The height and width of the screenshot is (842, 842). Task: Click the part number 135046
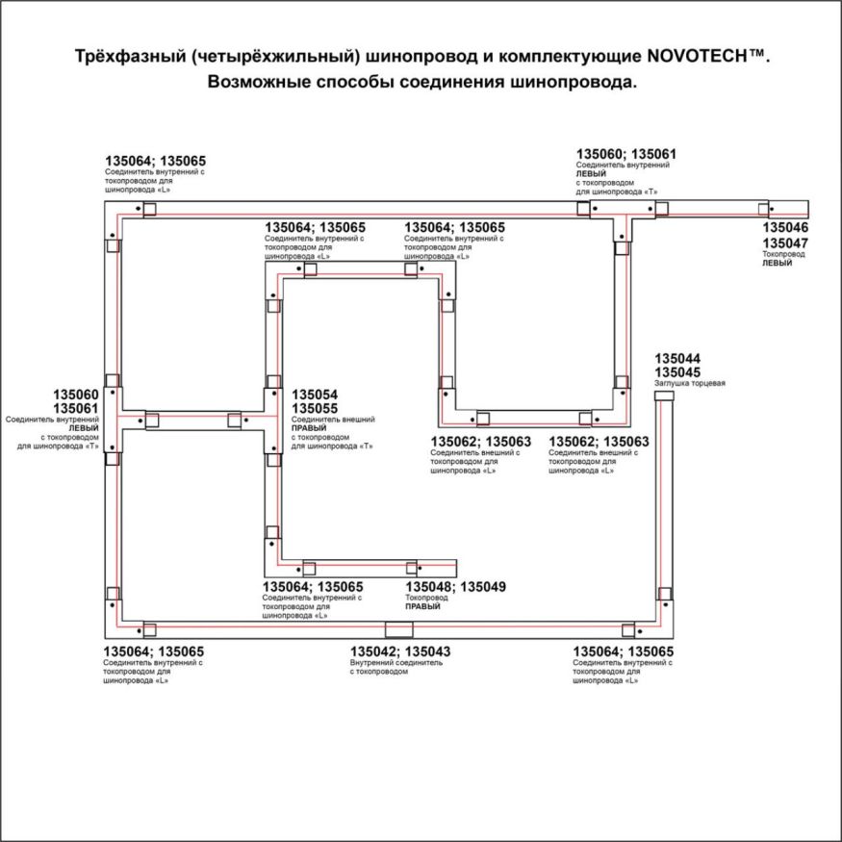[785, 228]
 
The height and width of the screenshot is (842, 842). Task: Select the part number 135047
[785, 243]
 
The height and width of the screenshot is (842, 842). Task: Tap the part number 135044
[677, 359]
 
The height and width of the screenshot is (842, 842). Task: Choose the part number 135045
[677, 373]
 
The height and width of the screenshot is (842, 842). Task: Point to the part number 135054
[315, 395]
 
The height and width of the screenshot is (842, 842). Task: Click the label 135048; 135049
[455, 587]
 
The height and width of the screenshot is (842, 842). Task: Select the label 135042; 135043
[400, 652]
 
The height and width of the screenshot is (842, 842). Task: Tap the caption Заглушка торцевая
[689, 384]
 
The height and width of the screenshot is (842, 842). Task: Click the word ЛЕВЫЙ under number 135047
[777, 263]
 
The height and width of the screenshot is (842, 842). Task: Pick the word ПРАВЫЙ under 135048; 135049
[422, 607]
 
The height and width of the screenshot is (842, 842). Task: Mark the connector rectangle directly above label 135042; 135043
[397, 630]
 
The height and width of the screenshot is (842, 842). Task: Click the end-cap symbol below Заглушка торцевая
[663, 400]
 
